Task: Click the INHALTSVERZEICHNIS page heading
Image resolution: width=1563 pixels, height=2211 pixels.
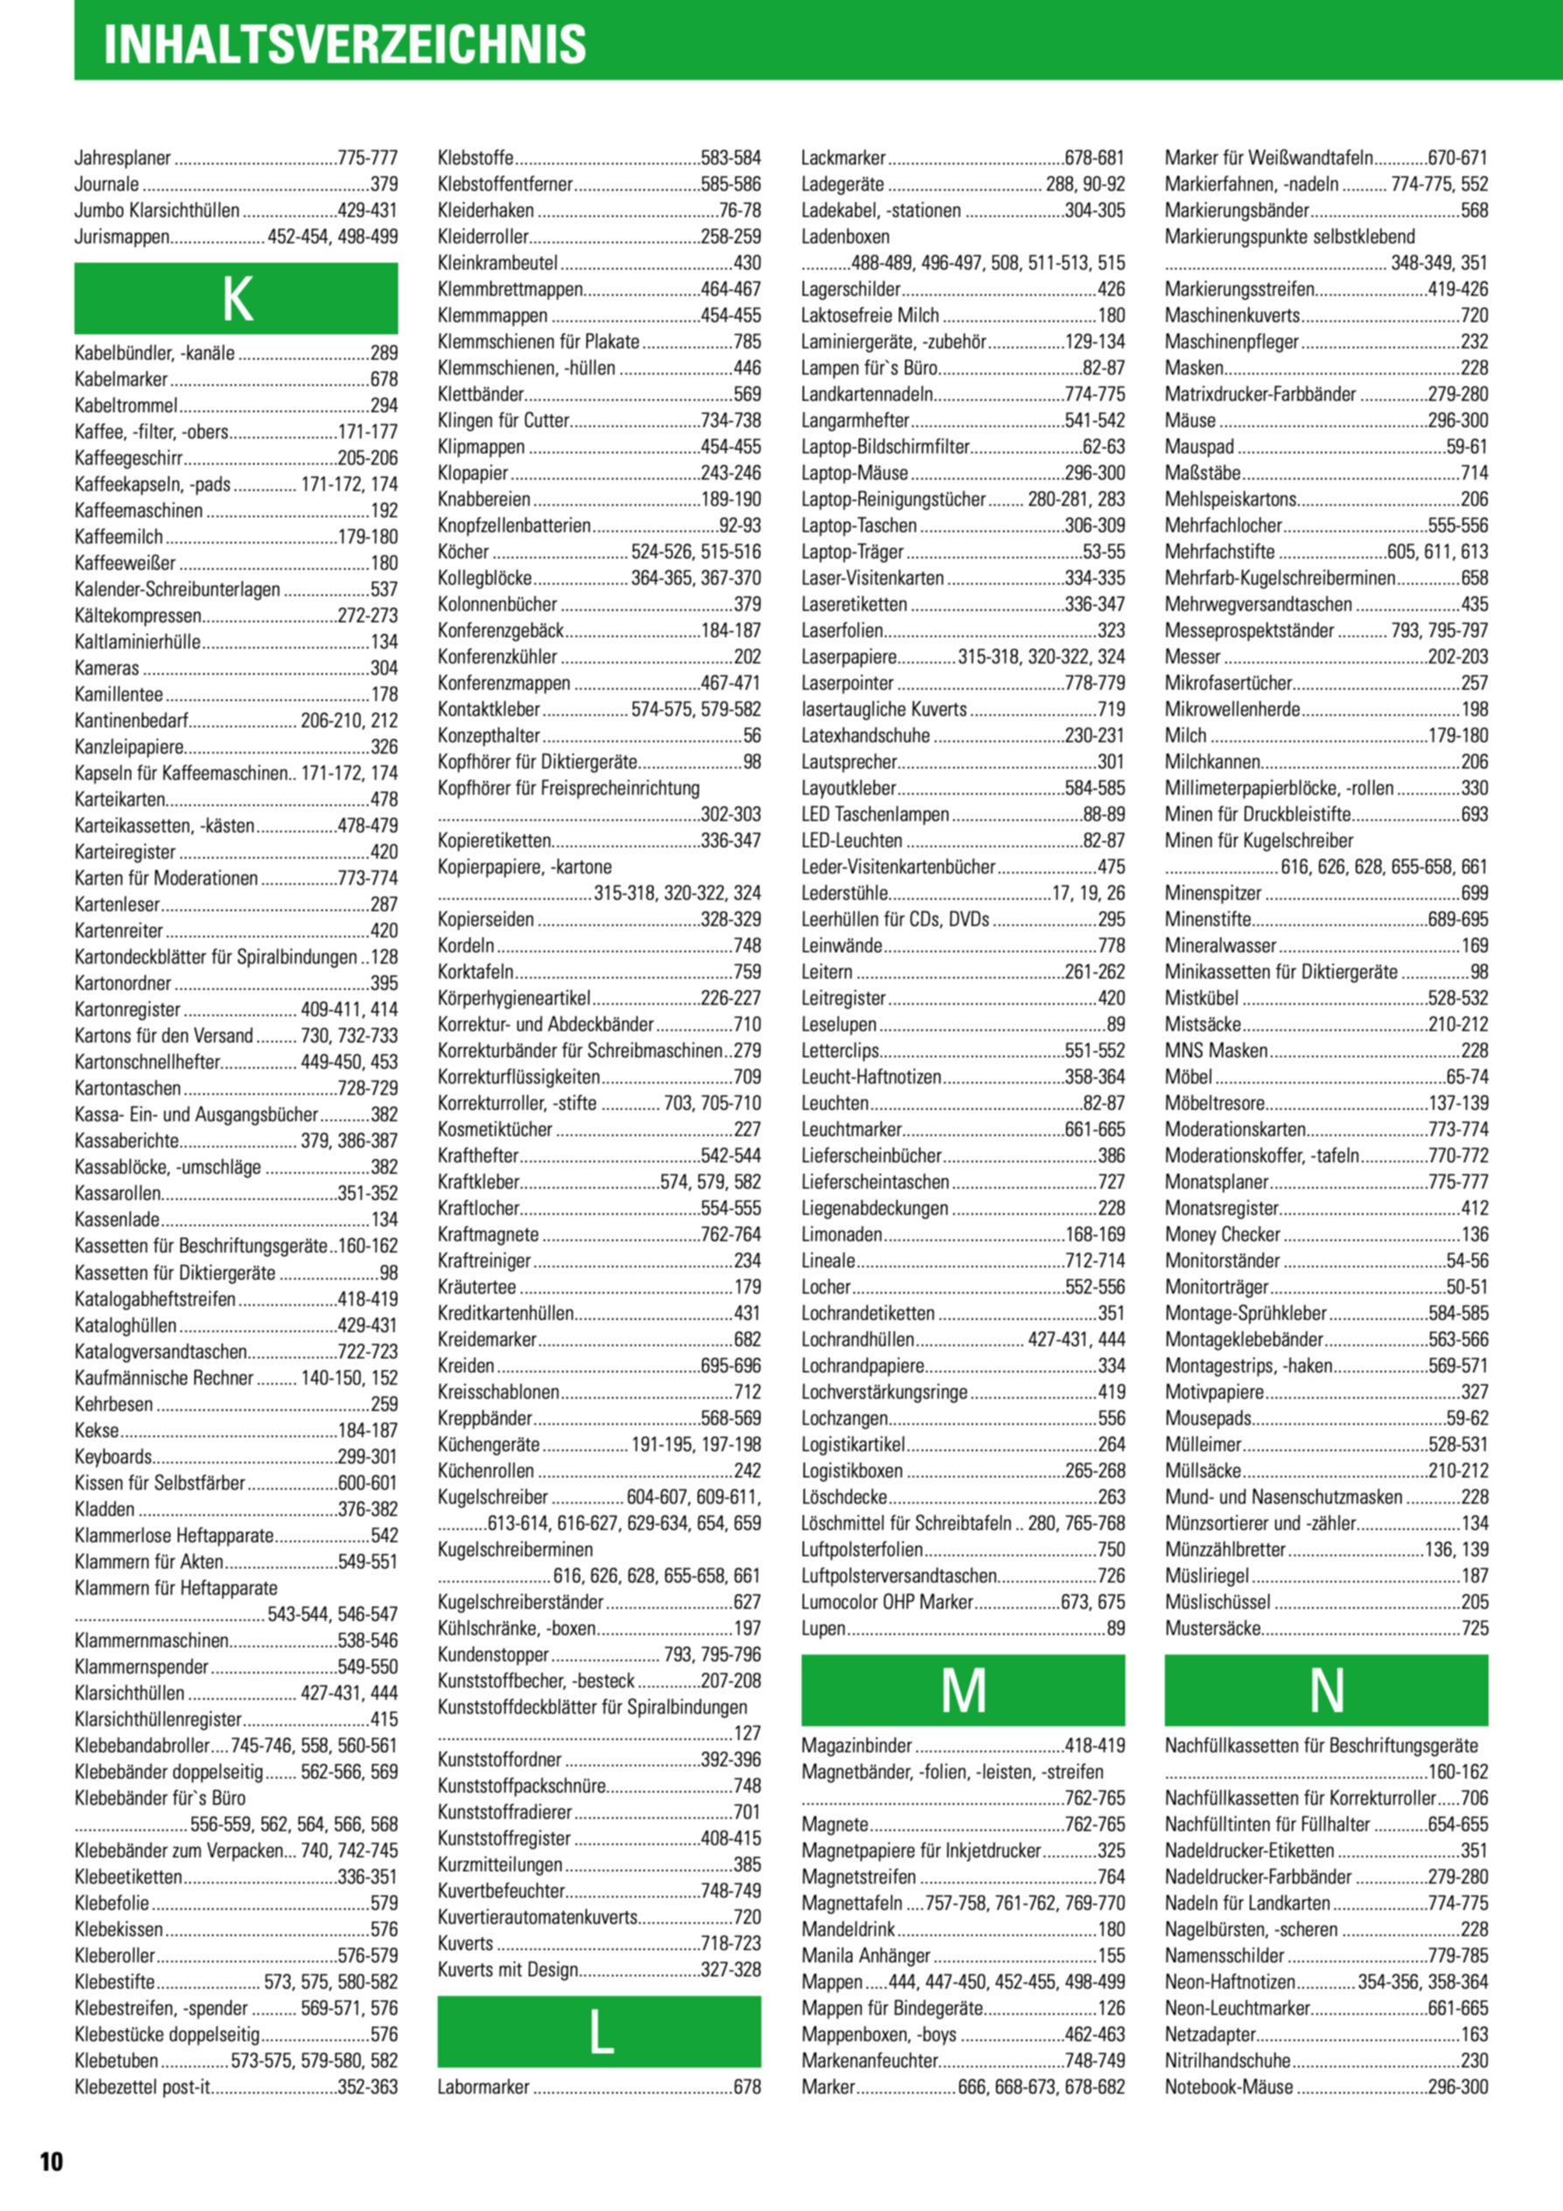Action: [x=345, y=45]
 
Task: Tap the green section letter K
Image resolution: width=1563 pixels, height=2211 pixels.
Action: [x=236, y=298]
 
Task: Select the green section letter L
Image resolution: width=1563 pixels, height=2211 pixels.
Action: [x=599, y=2032]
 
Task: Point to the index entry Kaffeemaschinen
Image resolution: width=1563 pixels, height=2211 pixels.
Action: [x=138, y=510]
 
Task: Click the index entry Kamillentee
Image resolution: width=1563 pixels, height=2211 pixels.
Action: [x=118, y=694]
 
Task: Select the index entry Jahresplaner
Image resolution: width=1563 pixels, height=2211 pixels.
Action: [x=123, y=158]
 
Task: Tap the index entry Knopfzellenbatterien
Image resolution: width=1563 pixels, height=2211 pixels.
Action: [x=515, y=526]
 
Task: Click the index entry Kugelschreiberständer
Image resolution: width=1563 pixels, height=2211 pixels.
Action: [x=520, y=1603]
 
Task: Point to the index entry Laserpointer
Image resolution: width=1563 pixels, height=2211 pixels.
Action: [x=847, y=683]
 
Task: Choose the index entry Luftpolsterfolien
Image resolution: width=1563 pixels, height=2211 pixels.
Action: [x=862, y=1549]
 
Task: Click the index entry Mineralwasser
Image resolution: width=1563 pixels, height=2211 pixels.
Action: [x=1220, y=945]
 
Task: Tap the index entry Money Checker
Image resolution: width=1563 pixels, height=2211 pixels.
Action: [x=1222, y=1234]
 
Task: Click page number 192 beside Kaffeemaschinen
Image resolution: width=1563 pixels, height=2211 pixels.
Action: [x=384, y=510]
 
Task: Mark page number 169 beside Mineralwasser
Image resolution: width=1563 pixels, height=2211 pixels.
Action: [x=1475, y=945]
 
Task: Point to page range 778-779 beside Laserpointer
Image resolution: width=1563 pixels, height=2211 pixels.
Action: [x=1095, y=683]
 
